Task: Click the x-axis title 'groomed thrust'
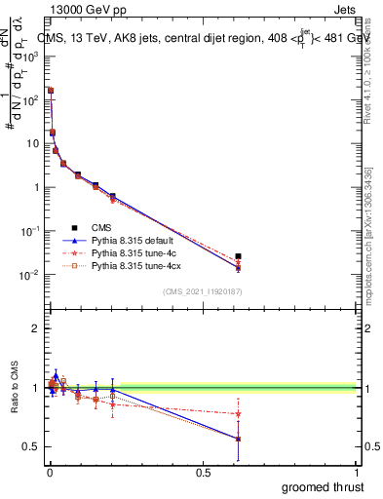(325, 486)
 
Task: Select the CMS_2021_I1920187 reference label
(202, 292)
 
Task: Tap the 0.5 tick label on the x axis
(203, 473)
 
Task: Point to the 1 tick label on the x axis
(357, 473)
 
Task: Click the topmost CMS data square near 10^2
(50, 90)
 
